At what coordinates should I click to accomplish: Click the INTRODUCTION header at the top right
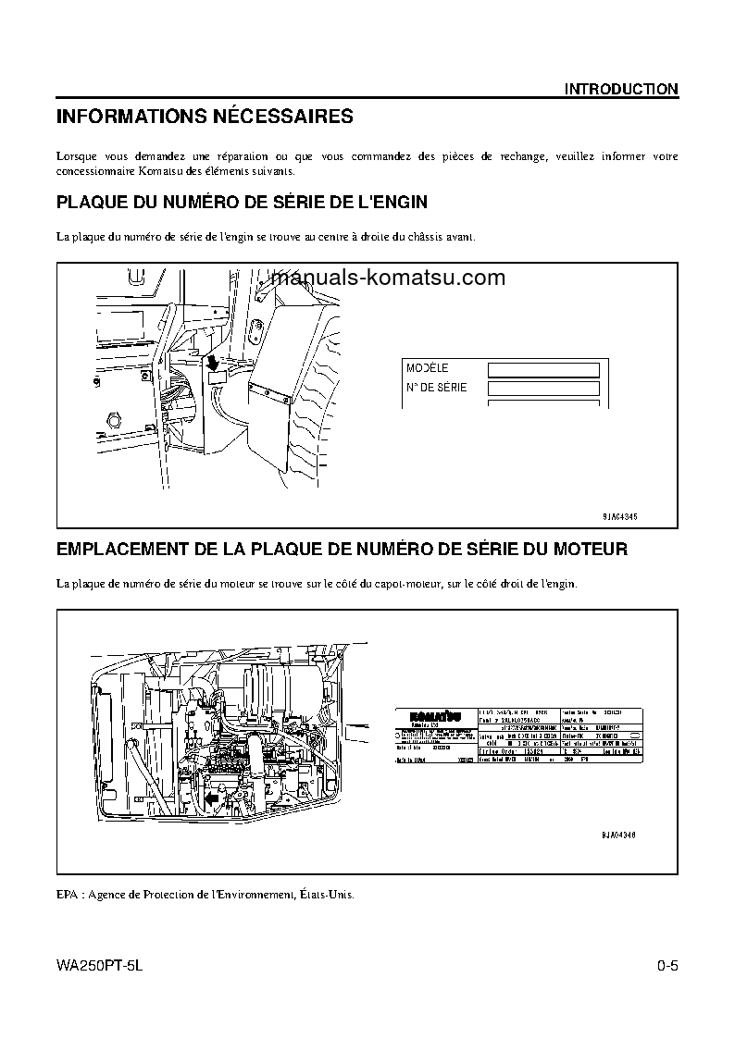click(x=621, y=89)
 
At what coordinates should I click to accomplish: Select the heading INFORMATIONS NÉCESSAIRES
click(x=205, y=118)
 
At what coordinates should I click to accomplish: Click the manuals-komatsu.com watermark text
click(x=389, y=278)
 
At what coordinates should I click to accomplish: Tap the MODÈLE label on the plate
click(x=427, y=367)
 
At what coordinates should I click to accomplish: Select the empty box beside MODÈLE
click(x=543, y=370)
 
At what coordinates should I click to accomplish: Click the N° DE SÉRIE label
click(x=436, y=387)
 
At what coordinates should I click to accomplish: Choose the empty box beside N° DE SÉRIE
click(x=543, y=390)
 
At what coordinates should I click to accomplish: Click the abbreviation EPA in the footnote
click(x=69, y=895)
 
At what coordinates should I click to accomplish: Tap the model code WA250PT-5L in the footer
click(x=101, y=967)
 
